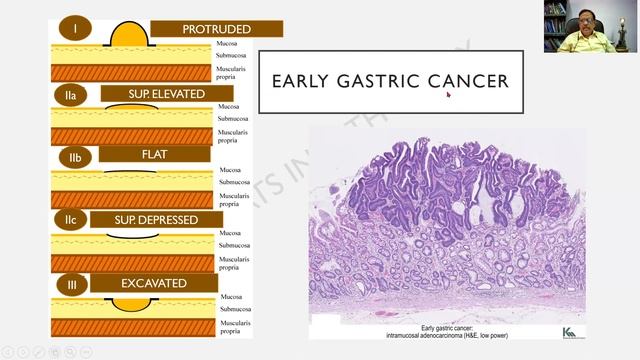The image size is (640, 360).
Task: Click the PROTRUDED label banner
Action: coord(216,29)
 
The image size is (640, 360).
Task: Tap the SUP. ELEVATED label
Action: coord(166,94)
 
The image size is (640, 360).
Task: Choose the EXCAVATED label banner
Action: coord(154,283)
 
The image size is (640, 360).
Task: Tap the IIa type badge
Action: coord(71,95)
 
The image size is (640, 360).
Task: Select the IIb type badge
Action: coord(74,158)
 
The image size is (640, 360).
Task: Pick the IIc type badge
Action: coord(71,219)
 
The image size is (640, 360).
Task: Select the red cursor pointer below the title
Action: coord(448,95)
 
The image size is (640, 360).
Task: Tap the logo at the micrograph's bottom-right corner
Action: coord(569,331)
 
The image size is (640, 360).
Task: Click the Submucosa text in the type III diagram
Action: coord(235,310)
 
